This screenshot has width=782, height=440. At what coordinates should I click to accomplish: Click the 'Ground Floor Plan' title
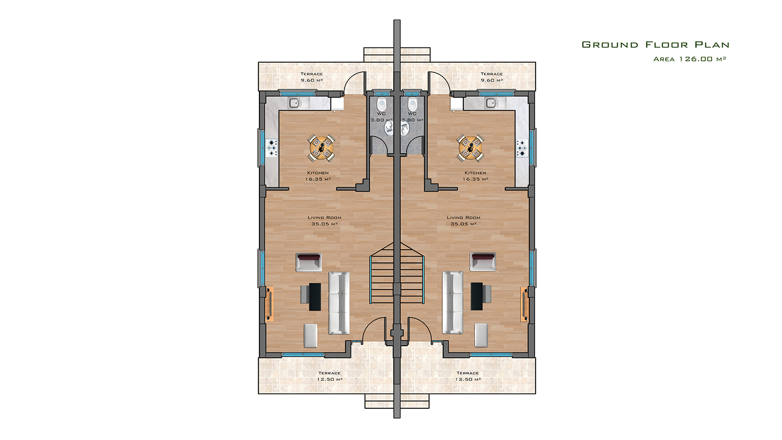[x=655, y=44]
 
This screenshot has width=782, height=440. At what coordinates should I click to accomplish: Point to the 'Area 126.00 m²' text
[x=690, y=59]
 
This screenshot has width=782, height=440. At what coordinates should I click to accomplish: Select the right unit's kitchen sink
[x=492, y=103]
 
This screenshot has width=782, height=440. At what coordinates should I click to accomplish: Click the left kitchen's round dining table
[x=321, y=148]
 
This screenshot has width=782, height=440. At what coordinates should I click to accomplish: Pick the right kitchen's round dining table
[x=471, y=148]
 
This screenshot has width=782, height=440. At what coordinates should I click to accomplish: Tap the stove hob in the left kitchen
[x=272, y=148]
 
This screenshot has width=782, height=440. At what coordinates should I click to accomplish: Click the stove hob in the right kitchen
[x=522, y=148]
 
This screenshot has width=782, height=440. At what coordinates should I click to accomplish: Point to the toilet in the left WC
[x=381, y=104]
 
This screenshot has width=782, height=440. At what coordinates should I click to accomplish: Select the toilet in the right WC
[x=413, y=104]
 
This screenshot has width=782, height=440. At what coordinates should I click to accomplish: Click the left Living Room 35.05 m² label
[x=325, y=220]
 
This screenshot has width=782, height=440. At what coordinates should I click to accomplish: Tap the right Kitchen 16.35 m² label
[x=475, y=176]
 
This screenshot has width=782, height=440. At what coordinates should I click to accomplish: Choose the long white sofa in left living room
[x=339, y=303]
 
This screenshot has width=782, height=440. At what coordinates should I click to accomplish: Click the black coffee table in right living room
[x=477, y=296]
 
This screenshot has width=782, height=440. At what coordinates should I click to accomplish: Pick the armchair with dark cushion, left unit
[x=308, y=262]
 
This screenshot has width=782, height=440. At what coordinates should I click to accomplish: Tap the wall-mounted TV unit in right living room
[x=524, y=304]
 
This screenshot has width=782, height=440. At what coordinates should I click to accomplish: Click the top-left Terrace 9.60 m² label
[x=311, y=77]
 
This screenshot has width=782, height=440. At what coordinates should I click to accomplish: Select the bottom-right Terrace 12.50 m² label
[x=468, y=376]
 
